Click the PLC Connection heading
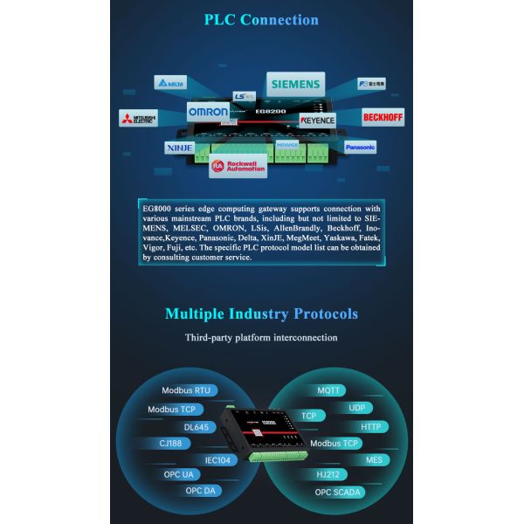pos(261,19)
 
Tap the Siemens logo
pos(295,85)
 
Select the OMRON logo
pos(208,112)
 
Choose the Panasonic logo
pos(359,148)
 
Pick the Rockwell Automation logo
pos(238,165)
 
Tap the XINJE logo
pos(181,148)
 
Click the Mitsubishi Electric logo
pos(138,117)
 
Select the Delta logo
pos(171,83)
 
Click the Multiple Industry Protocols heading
pos(261,314)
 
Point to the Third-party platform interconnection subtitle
pos(261,337)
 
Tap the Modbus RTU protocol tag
pos(186,391)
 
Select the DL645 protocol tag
pos(196,427)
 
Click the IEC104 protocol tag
pos(217,459)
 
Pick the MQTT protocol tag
pos(329,390)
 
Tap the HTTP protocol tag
pos(371,426)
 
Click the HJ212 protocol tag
pos(329,475)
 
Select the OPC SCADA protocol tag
pos(339,492)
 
